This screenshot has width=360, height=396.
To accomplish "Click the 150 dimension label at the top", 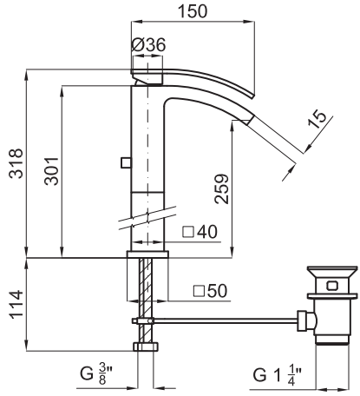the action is click(x=193, y=11).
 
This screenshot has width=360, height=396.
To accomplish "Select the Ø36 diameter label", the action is click(x=148, y=45).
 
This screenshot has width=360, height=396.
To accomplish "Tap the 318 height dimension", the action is click(x=16, y=163).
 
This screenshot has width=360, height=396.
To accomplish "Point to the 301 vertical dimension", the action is click(x=51, y=171).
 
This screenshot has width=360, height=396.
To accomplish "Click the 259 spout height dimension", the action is click(x=221, y=188).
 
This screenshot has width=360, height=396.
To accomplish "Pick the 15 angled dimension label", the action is click(x=317, y=119).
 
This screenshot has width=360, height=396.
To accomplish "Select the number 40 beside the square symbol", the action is click(x=207, y=232).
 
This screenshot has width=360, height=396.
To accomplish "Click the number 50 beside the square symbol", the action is click(x=218, y=291).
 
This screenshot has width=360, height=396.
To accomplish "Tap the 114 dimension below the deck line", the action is click(x=16, y=304).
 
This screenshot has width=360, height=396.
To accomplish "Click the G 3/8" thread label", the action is click(x=96, y=373).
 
